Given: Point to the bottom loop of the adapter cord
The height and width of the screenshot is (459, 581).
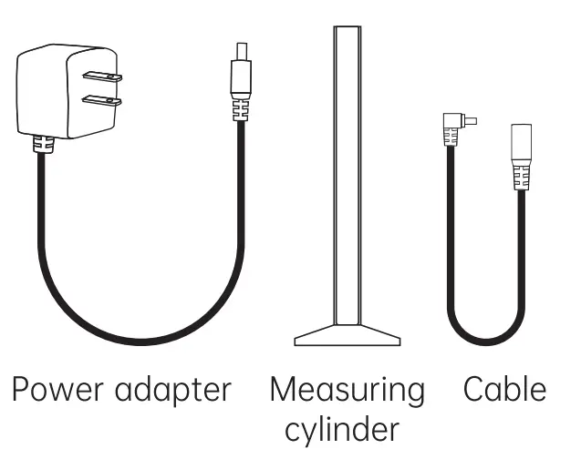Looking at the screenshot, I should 137,338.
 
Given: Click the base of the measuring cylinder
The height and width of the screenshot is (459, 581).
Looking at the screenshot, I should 347,335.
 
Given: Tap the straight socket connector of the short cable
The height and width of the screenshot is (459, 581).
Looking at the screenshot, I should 522,143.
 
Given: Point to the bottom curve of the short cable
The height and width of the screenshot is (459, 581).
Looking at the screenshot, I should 483,342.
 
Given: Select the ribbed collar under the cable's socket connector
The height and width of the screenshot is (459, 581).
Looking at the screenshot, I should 521,175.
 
